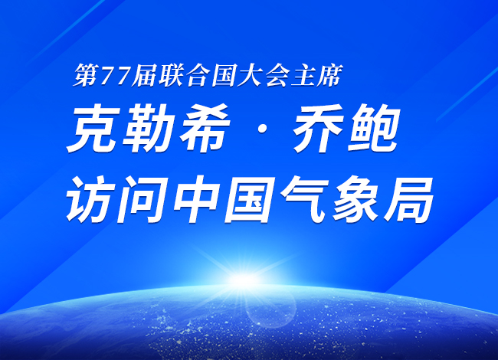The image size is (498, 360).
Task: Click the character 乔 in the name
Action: (x=319, y=128)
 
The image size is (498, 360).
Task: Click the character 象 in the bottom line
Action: (x=355, y=199)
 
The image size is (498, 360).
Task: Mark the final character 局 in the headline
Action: (x=409, y=199)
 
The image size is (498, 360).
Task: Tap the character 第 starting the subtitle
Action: (x=86, y=75)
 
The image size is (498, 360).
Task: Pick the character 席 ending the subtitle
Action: (x=329, y=75)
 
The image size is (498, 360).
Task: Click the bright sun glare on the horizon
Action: (x=243, y=280)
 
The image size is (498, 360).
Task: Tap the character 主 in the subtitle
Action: (x=303, y=75)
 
